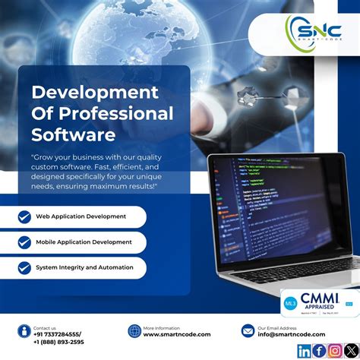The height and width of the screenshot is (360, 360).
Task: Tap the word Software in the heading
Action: [73, 135]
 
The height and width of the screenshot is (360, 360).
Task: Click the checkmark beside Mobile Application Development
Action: [24, 242]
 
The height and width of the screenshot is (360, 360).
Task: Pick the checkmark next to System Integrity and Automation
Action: [24, 267]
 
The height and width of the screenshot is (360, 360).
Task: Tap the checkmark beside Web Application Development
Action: [24, 216]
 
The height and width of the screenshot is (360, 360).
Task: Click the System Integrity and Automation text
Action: [84, 267]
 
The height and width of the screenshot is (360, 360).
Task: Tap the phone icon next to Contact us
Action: [24, 330]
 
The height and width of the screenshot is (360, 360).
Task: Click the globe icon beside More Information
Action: [134, 330]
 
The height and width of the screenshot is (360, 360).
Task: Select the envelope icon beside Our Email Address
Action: [248, 330]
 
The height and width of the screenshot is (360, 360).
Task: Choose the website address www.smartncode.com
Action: [177, 334]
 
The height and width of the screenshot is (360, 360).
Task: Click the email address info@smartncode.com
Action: [292, 334]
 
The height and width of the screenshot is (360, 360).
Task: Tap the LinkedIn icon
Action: [304, 350]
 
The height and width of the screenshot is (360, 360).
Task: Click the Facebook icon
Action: [319, 350]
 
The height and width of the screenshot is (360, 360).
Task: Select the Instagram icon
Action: [334, 350]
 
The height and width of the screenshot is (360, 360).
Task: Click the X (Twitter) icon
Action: [349, 350]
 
